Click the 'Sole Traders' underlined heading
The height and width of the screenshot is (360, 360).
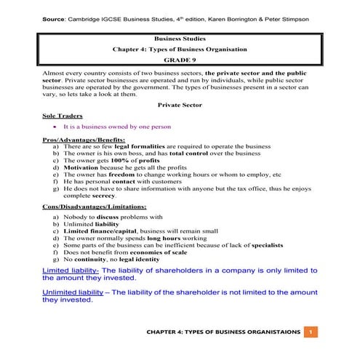pos(63,115)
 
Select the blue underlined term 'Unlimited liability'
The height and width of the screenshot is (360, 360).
pos(75,292)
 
